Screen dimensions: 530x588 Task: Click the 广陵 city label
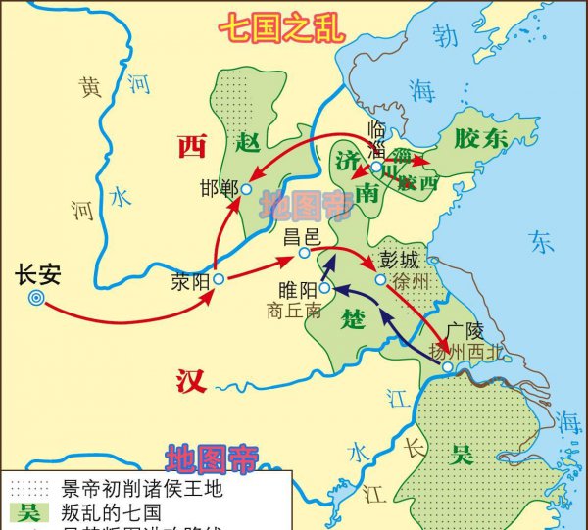point(464,329)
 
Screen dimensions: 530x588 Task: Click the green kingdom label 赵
point(248,144)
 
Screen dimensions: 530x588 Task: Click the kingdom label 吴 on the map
point(461,455)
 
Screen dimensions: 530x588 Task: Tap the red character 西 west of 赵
point(192,148)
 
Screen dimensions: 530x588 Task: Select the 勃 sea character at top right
point(446,37)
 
